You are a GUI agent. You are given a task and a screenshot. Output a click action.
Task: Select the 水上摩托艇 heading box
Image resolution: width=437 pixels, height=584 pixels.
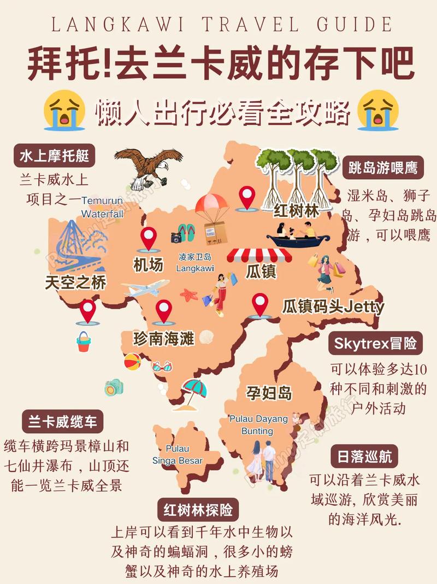(x=54, y=156)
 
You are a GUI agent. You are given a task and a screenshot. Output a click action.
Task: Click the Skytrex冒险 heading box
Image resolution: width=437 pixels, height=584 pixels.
(x=375, y=343)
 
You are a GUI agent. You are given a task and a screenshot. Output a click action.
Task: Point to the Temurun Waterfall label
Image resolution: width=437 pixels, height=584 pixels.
(x=103, y=207)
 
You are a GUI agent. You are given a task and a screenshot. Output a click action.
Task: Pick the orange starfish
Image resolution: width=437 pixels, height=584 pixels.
(x=189, y=296)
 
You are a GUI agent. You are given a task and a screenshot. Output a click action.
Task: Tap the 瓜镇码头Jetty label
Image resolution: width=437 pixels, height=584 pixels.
(x=333, y=306)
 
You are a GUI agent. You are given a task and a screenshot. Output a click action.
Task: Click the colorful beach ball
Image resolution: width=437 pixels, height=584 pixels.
(x=132, y=361)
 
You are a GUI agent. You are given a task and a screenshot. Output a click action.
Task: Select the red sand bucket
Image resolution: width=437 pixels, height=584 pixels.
(x=84, y=342)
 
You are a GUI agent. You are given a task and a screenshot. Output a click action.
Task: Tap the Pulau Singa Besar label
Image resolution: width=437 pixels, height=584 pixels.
(x=178, y=455)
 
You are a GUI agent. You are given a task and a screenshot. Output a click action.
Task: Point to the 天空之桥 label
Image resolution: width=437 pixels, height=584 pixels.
(x=75, y=282)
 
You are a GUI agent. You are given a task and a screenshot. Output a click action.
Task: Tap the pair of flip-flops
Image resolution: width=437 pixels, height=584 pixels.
(x=186, y=233)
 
